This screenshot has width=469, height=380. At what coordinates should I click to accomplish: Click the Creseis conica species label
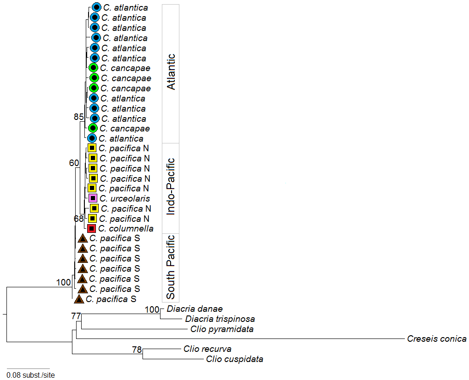tap(437, 338)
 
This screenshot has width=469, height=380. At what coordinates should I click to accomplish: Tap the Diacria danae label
tap(195, 309)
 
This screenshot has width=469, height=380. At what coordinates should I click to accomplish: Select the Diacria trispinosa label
tap(220, 319)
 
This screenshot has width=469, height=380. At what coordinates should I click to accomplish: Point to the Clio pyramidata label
tap(222, 329)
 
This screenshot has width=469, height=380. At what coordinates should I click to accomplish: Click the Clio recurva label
tap(207, 349)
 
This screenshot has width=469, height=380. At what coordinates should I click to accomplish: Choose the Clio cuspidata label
tap(234, 359)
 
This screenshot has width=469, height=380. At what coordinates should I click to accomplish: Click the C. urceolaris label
tap(125, 198)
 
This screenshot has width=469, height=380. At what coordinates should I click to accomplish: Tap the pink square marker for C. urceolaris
tap(93, 198)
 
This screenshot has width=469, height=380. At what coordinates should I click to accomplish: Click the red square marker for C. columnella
tap(91, 229)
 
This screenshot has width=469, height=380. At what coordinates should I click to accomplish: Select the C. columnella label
tap(126, 229)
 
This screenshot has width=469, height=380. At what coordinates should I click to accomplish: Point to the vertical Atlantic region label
tap(171, 72)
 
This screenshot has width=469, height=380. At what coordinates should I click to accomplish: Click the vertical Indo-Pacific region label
tap(171, 187)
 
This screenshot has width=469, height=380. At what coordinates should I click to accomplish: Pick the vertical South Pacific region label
tap(171, 267)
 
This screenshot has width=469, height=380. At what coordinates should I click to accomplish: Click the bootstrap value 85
tap(79, 117)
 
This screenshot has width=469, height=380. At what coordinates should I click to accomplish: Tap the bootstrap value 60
tap(74, 163)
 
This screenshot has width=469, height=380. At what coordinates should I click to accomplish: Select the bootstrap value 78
tap(137, 350)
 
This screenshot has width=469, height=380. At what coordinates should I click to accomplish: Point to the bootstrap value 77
tap(76, 316)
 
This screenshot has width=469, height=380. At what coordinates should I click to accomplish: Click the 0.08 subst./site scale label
tap(31, 375)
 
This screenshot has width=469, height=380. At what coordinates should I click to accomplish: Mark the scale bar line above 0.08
tap(28, 368)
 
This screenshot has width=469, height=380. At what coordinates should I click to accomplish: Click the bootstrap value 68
tap(79, 219)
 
